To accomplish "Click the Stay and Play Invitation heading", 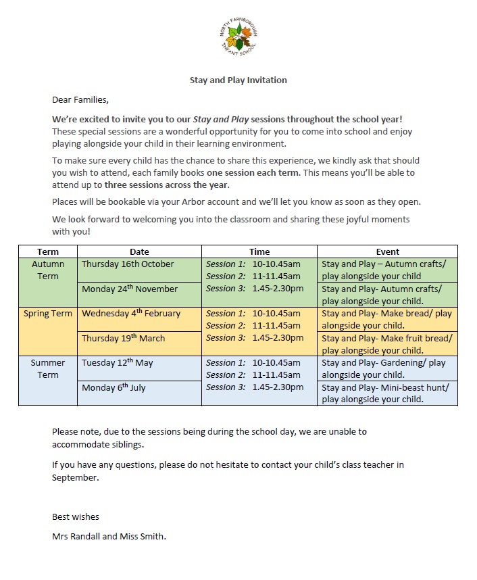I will point(238,80).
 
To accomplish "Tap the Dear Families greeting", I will point(80,99).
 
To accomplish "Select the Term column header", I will point(47,251).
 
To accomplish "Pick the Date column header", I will point(139,251).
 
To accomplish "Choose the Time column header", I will point(259,251).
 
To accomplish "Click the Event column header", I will point(387,251).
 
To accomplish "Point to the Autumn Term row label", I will point(47,270).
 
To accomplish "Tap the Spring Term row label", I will point(47,314).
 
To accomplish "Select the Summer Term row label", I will point(47,368).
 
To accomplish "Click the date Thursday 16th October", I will point(128,264).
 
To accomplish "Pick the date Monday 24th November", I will point(130,289).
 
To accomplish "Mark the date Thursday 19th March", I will point(123,338).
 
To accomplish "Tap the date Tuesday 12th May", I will point(117,363).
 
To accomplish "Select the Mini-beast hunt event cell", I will point(387,393).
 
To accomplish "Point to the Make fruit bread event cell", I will point(387,344).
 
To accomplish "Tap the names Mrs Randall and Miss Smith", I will point(109,537).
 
